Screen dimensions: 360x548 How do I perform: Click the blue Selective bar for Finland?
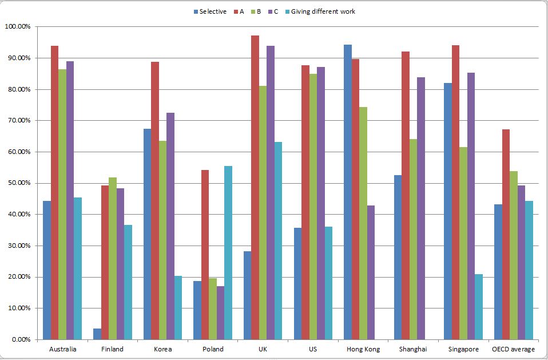pyautogui.click(x=97, y=334)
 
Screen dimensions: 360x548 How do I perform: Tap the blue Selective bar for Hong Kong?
pyautogui.click(x=348, y=192)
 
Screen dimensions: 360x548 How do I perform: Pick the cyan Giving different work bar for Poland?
pyautogui.click(x=228, y=252)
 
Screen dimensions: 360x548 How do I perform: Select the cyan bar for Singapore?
pyautogui.click(x=479, y=307)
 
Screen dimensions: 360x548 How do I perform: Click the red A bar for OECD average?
pyautogui.click(x=506, y=234)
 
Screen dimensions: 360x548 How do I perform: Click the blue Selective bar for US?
pyautogui.click(x=297, y=283)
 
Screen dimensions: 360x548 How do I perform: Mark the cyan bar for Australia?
pyautogui.click(x=78, y=268)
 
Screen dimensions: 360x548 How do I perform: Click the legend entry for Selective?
pyautogui.click(x=209, y=11)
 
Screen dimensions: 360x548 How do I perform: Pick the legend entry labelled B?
pyautogui.click(x=255, y=11)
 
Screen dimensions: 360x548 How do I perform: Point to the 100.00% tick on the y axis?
pyautogui.click(x=18, y=27)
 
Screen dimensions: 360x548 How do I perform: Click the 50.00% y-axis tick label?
pyautogui.click(x=19, y=183)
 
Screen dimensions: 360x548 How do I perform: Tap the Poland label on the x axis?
pyautogui.click(x=213, y=349)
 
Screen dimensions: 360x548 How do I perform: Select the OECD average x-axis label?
pyautogui.click(x=514, y=349)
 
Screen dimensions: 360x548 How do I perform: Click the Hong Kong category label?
pyautogui.click(x=363, y=349)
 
